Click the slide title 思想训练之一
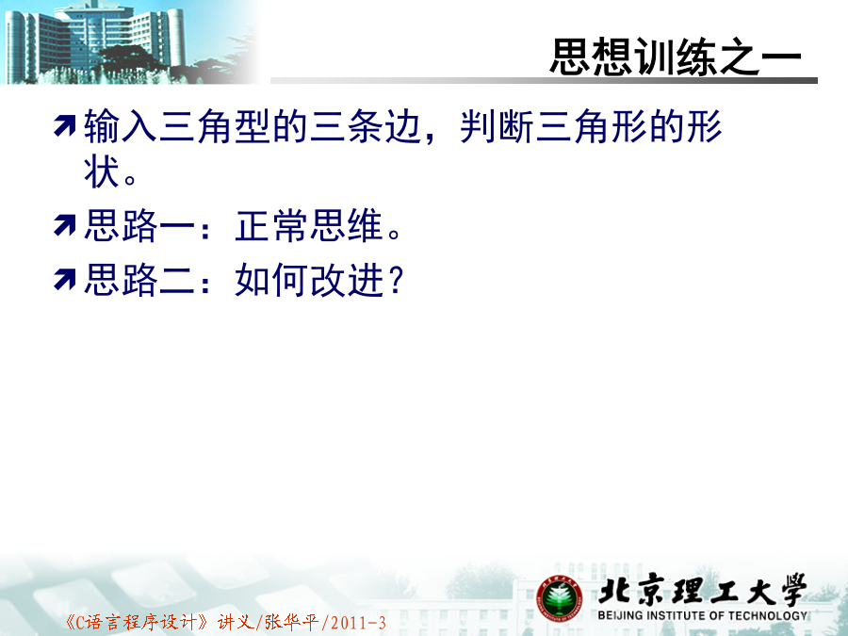[676, 57]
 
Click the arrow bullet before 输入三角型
[65, 126]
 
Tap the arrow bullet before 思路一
[65, 225]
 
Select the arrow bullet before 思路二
[65, 280]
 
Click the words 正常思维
[309, 225]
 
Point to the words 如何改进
[309, 280]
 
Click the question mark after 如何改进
[397, 280]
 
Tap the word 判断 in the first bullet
[497, 126]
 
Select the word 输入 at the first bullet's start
[121, 126]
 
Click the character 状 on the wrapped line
[102, 172]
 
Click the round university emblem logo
[559, 598]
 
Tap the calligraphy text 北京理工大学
[703, 590]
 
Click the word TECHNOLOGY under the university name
[767, 615]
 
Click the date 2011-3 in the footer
[358, 623]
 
